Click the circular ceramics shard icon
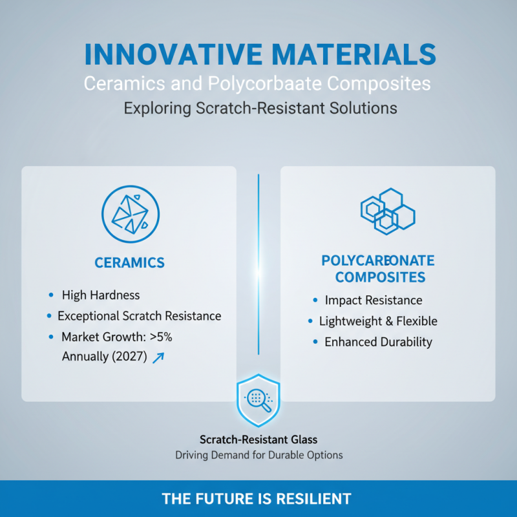pos(131,214)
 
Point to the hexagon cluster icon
pos(387,211)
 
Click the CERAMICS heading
pos(129,263)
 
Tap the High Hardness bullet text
pos(101,295)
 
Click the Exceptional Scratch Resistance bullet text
pos(140,316)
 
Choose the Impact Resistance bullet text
pos(374,301)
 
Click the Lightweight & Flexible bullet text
pos(378,321)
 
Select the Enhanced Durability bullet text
pos(378,342)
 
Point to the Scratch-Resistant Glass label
pos(258,439)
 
